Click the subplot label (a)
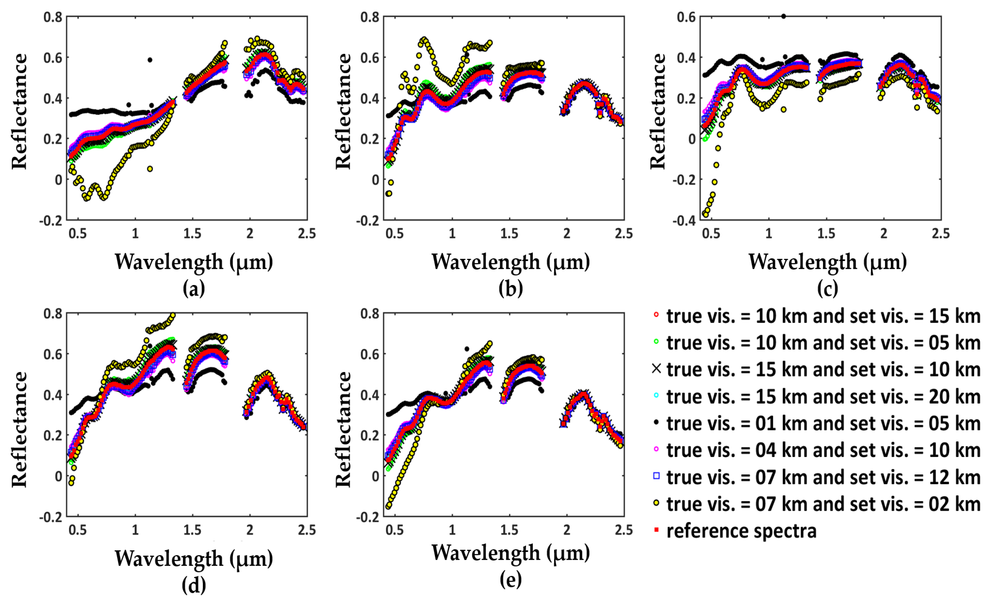pyautogui.click(x=194, y=288)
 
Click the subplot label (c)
pyautogui.click(x=827, y=288)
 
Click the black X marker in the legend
pyautogui.click(x=656, y=368)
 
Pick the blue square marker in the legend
pyautogui.click(x=656, y=476)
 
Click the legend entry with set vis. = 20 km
pyautogui.click(x=823, y=396)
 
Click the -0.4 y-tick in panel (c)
pyautogui.click(x=684, y=220)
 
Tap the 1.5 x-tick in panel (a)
pyautogui.click(x=193, y=233)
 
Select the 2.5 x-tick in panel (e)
pyautogui.click(x=624, y=530)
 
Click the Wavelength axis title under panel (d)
pyautogui.click(x=194, y=558)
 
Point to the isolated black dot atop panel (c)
pyautogui.click(x=783, y=16)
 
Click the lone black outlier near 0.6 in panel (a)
pyautogui.click(x=150, y=60)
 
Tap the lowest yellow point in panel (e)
pyautogui.click(x=388, y=506)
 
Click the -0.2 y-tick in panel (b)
pyautogui.click(x=367, y=220)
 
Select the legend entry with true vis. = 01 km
pyautogui.click(x=823, y=424)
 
